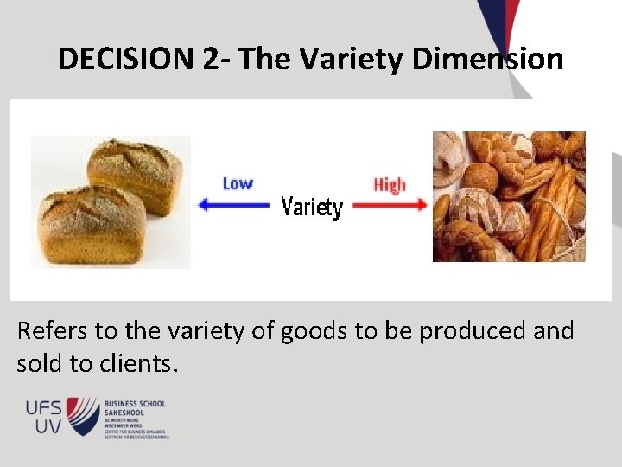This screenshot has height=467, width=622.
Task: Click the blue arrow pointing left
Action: coord(236,205)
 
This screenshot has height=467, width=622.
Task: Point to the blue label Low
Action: coord(238,183)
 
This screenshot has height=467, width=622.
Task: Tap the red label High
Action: coord(390,184)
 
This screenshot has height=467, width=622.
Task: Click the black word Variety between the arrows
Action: coord(313,208)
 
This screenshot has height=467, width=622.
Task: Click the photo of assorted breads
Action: coord(509,196)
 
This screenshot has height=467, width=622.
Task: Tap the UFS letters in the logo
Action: coord(41,406)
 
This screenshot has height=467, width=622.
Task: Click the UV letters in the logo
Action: coord(48,426)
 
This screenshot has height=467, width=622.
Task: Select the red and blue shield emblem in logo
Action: coord(84,416)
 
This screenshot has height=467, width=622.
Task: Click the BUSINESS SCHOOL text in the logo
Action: coord(135,404)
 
